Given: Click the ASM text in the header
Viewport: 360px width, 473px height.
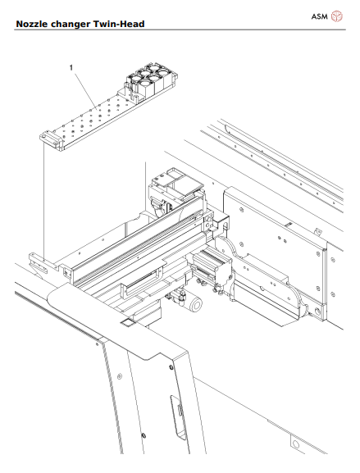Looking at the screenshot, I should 320,16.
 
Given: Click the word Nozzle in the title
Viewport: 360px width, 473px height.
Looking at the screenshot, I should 33,25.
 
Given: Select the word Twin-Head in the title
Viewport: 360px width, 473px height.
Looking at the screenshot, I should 121,25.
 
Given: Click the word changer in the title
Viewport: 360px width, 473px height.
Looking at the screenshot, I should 72,25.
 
